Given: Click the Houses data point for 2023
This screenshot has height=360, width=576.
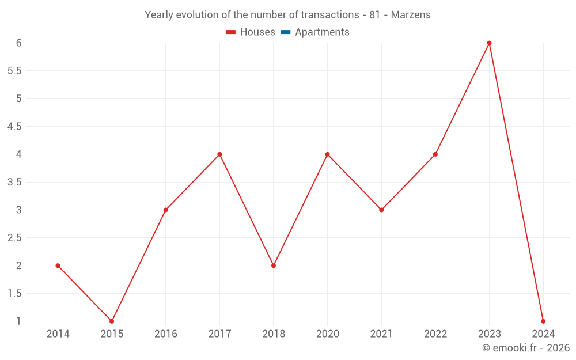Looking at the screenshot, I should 489,43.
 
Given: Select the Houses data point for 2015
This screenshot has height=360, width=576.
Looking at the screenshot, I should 112,321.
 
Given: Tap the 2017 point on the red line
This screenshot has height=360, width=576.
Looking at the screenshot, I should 219,154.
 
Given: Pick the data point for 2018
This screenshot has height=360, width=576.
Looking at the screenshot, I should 274,266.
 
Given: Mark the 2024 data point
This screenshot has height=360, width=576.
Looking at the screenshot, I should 543,321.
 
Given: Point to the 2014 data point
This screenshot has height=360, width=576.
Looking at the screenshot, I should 58,266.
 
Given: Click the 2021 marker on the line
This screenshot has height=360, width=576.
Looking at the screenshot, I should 381,210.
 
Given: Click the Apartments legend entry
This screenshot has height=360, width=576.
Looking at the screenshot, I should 322,32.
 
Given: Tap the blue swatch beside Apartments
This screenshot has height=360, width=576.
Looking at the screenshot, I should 285,32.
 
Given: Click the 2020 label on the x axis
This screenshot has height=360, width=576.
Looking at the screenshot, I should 327,334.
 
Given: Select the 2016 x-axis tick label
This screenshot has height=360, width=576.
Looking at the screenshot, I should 165,334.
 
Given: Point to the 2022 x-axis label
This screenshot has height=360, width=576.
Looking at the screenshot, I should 435,334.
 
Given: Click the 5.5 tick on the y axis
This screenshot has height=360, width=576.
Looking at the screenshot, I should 14,71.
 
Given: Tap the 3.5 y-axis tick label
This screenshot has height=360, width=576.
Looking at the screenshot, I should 14,182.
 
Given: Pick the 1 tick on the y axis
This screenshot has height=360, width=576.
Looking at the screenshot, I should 19,321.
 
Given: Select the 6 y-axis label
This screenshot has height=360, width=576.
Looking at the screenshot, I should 19,43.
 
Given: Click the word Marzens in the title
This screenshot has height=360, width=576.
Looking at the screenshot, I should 411,15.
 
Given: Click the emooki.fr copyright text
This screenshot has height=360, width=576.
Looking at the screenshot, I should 526,348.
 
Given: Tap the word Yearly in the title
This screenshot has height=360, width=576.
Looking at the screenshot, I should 159,15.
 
